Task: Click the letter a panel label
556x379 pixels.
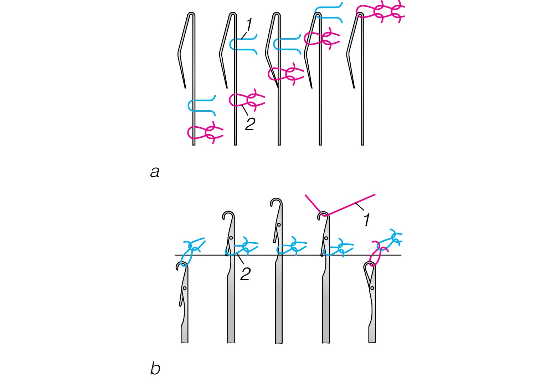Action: click(155, 172)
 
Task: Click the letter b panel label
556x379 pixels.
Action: click(155, 368)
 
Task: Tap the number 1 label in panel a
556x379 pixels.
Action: click(249, 25)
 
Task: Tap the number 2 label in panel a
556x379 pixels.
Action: click(250, 124)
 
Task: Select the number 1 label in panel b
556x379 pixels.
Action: click(367, 220)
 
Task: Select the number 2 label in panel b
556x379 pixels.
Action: click(245, 274)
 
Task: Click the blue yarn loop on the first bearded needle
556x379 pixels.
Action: click(201, 105)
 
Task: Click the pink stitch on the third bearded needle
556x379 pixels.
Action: click(285, 74)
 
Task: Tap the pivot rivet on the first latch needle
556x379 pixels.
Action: click(185, 288)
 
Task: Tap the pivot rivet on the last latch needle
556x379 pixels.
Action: click(372, 288)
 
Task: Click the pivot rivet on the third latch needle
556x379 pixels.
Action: click(279, 225)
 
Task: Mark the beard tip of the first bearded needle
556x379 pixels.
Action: click(185, 87)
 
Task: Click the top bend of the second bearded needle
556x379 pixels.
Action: click(233, 14)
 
